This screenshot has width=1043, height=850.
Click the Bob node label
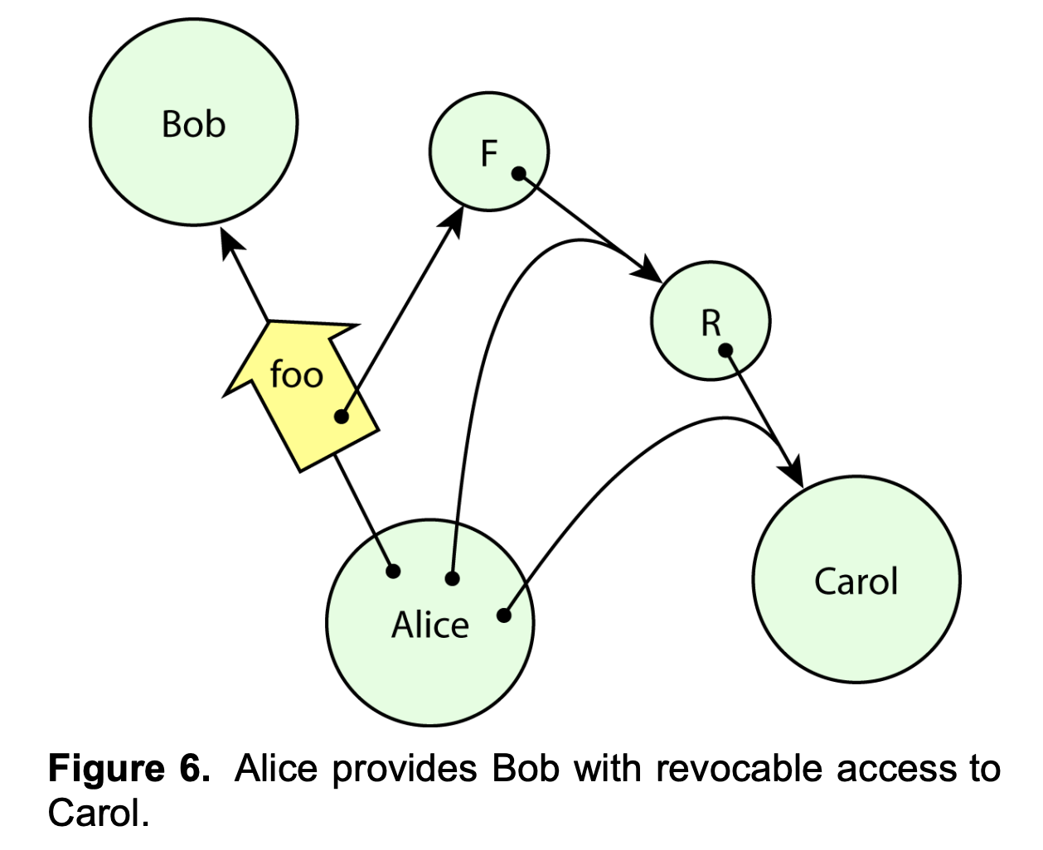point(193,124)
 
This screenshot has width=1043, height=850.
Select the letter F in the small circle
point(489,153)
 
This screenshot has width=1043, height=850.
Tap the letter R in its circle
point(711,323)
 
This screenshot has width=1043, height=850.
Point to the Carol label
point(856,582)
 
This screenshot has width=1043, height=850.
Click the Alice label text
point(429,625)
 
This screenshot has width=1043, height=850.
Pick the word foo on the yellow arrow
point(296,374)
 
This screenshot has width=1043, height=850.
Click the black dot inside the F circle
point(519,174)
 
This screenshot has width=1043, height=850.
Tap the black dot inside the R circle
point(725,350)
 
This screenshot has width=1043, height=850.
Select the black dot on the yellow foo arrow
point(342,417)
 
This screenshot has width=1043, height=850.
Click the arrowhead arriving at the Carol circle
point(794,474)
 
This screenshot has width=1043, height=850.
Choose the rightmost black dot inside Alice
point(504,616)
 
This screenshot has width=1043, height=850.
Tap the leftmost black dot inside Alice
point(394,571)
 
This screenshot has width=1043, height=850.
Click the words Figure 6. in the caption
point(129,769)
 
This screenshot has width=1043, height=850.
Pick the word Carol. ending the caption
point(99,813)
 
